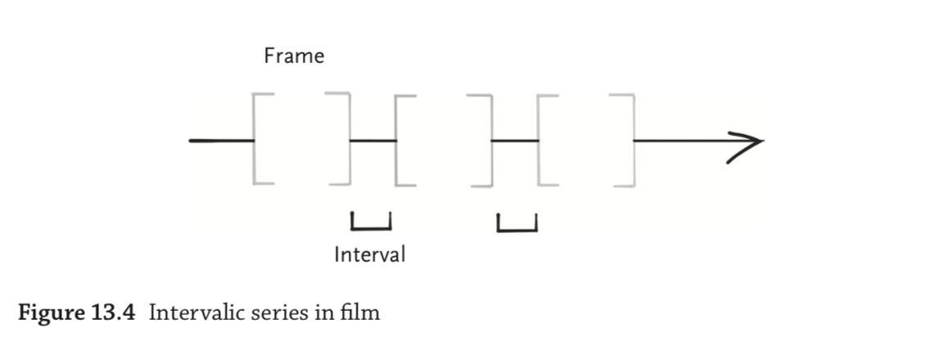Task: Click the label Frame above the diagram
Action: point(294,56)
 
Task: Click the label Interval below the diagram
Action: point(369,254)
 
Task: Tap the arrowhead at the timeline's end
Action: point(746,141)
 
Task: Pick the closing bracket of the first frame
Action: point(344,139)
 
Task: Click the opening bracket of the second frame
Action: point(402,140)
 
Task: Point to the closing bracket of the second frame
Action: point(485,140)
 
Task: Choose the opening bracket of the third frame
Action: point(543,140)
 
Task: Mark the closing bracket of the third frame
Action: point(628,140)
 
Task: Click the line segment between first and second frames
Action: point(373,141)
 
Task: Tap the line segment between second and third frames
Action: point(515,141)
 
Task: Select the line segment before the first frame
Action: point(221,141)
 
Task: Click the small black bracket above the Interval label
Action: point(371,222)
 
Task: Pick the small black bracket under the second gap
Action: point(517,223)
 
